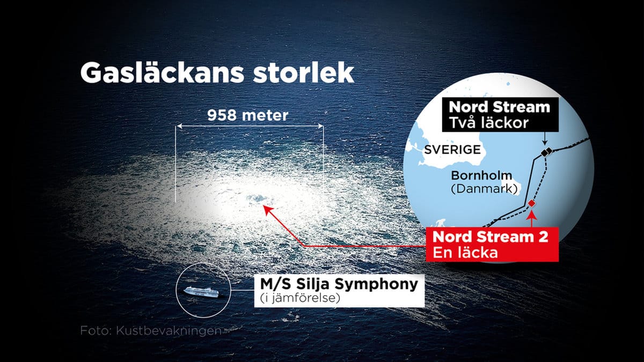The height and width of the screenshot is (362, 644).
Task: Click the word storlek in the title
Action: coord(304,73)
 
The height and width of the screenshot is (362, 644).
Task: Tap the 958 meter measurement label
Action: coord(248,115)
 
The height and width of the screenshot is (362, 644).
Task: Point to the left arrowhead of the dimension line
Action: coord(179,126)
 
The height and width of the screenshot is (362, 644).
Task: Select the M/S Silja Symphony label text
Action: coord(339,284)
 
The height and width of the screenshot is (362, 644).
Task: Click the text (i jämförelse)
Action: coord(300,298)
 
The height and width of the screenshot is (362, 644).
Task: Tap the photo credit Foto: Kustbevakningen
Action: coord(151,330)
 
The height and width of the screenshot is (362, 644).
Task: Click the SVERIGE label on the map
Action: coord(452,150)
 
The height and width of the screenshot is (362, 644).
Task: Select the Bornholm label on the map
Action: coord(481,175)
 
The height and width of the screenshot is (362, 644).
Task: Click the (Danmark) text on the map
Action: coord(484,189)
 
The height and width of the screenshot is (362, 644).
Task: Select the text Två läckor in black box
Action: coord(489,123)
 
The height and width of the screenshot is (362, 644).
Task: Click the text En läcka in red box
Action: coord(465,253)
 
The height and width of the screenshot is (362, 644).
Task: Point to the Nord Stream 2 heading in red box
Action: coord(490,237)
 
